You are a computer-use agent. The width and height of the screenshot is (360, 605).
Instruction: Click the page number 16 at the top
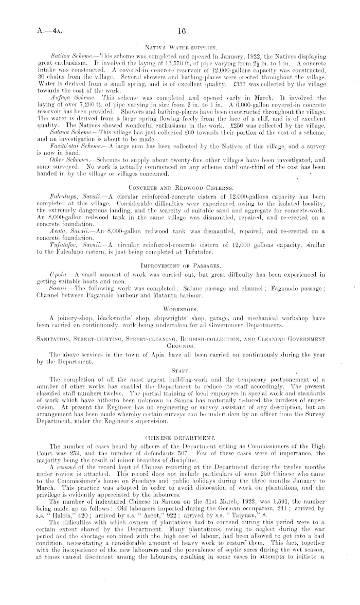(180, 31)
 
